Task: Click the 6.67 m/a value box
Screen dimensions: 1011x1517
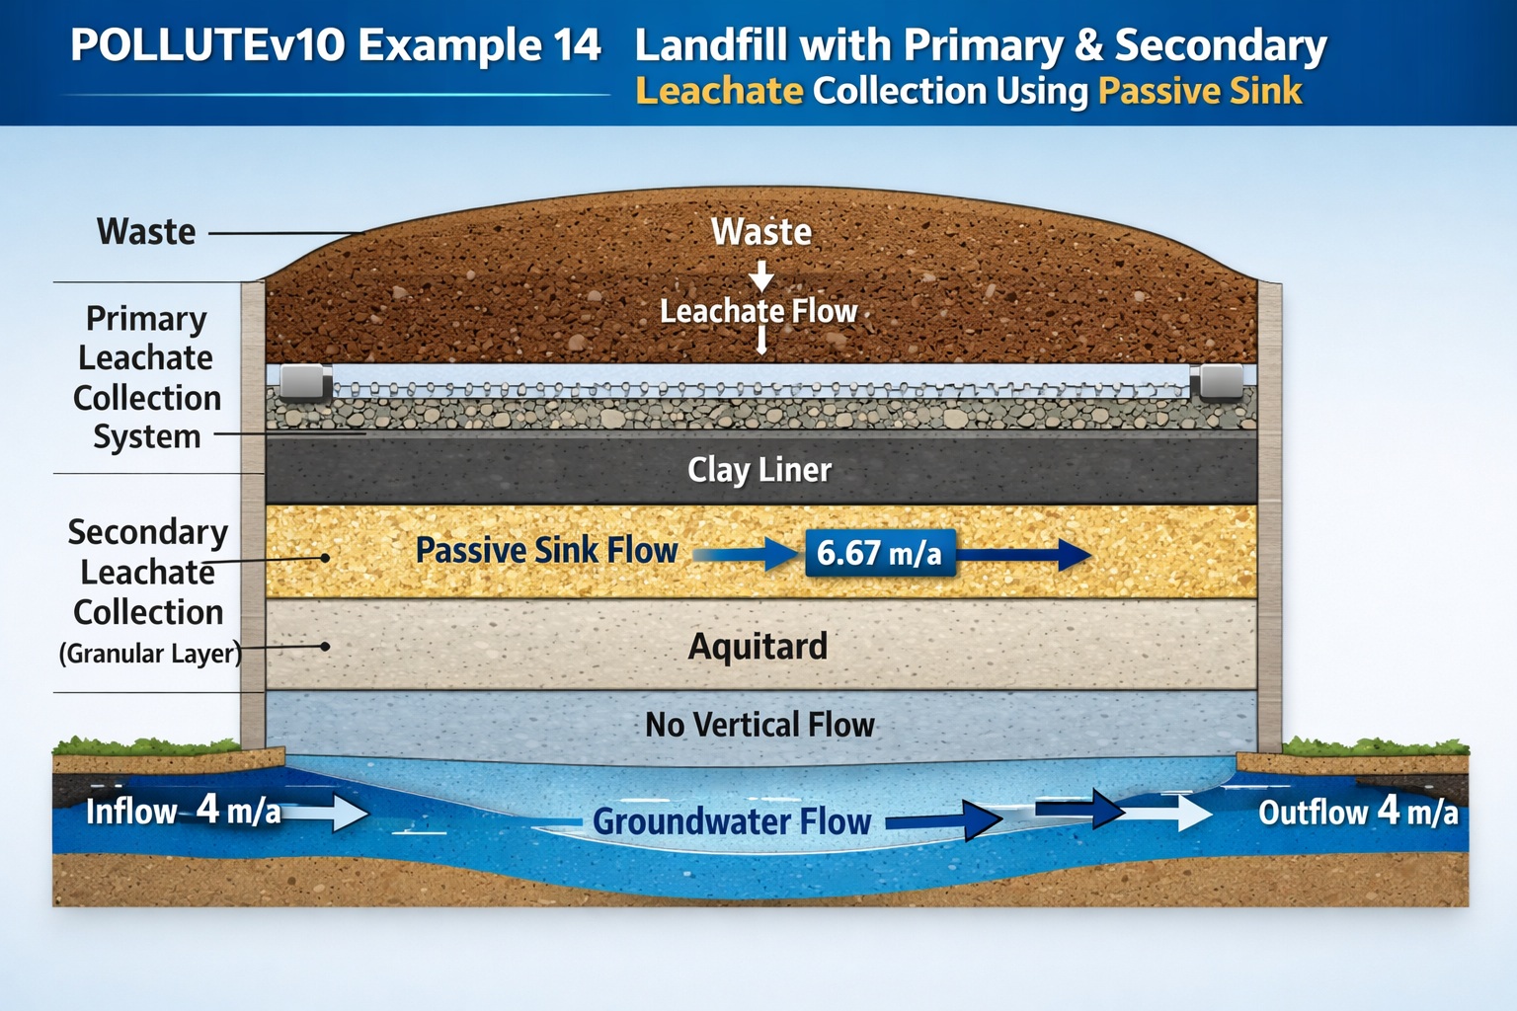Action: (x=880, y=552)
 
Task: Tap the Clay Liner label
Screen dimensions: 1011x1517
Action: (x=758, y=470)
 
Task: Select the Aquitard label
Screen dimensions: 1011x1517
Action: (x=758, y=647)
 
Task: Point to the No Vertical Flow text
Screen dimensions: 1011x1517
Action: (x=759, y=725)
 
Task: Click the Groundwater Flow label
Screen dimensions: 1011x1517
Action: (x=732, y=821)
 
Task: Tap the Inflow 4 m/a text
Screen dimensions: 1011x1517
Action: (x=183, y=811)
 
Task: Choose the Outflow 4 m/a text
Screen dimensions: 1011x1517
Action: (x=1357, y=812)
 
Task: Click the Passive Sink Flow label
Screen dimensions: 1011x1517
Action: (x=546, y=550)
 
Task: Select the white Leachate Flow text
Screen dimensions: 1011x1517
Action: (x=758, y=311)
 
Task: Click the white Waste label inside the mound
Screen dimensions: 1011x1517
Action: (x=761, y=232)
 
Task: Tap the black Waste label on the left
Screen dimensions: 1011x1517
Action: (x=146, y=232)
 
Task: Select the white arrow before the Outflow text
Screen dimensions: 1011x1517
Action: (x=1177, y=813)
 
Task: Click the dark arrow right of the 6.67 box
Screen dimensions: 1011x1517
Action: (x=1027, y=555)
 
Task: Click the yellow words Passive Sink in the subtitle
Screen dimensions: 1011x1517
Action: (x=1200, y=91)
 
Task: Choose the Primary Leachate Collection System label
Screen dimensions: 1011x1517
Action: (x=146, y=377)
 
